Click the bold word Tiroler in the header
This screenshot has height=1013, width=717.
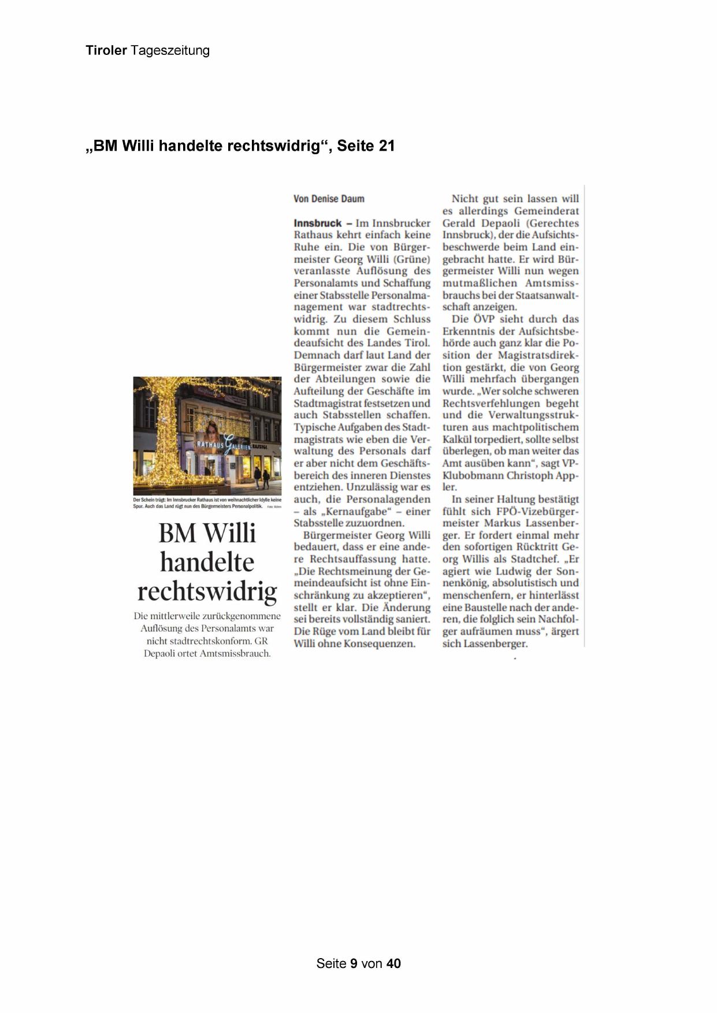tap(106, 50)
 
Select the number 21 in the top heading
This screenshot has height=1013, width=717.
tap(387, 146)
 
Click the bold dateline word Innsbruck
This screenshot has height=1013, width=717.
tap(317, 223)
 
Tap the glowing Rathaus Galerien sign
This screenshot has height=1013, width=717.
tap(228, 445)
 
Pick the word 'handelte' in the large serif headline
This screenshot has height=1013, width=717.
tap(207, 562)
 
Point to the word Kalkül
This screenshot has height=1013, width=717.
tap(457, 440)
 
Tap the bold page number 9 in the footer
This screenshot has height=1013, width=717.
tap(354, 963)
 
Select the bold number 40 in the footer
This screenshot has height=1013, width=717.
tap(393, 963)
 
